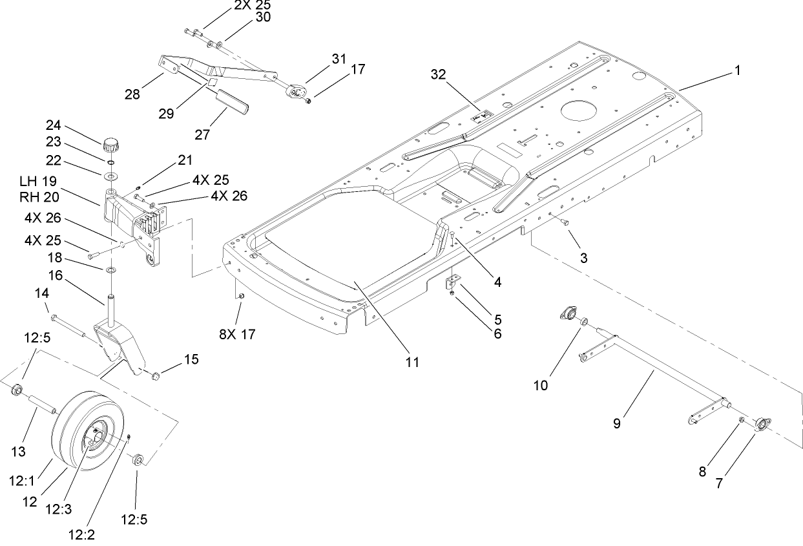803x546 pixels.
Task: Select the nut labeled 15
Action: (x=156, y=376)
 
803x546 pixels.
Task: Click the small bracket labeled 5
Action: (x=451, y=283)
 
